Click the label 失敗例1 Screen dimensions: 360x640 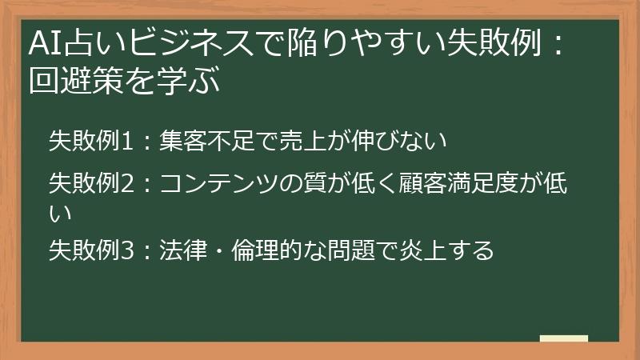[x=89, y=142]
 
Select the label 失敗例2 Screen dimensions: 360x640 [x=89, y=185]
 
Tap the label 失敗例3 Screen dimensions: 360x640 [x=89, y=250]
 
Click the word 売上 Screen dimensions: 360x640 [x=302, y=142]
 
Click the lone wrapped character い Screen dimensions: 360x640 [x=61, y=214]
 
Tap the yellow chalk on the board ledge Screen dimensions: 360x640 [x=563, y=338]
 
